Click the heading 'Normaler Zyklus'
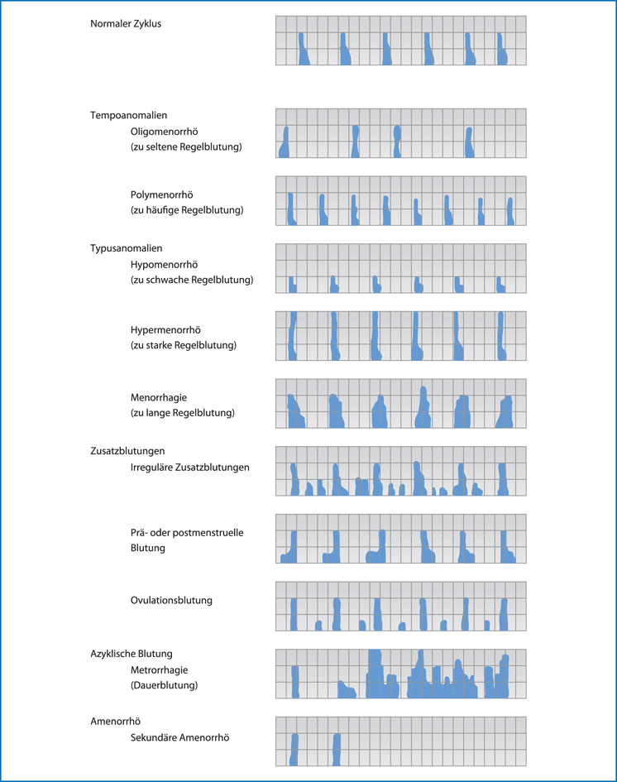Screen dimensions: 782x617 pos(126,24)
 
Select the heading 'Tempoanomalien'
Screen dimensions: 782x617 pos(128,116)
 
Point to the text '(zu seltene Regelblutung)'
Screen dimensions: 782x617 pos(186,147)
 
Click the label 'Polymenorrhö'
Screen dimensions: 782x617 pos(161,195)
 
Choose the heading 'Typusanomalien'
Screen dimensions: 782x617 pos(126,248)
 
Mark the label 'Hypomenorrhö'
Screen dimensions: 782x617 pos(164,265)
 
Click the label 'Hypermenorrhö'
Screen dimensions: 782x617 pos(165,329)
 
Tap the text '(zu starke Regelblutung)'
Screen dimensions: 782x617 pos(184,345)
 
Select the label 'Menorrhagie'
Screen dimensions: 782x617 pos(158,397)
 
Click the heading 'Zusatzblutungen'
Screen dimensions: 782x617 pos(127,451)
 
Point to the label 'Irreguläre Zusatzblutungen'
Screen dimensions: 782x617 pos(189,468)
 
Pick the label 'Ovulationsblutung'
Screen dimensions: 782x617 pos(171,600)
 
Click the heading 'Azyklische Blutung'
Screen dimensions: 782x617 pos(132,654)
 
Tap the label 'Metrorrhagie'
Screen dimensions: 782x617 pos(160,669)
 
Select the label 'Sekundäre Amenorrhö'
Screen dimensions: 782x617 pos(179,737)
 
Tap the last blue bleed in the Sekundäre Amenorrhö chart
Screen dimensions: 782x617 pos(337,749)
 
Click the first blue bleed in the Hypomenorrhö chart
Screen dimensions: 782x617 pos(292,285)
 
